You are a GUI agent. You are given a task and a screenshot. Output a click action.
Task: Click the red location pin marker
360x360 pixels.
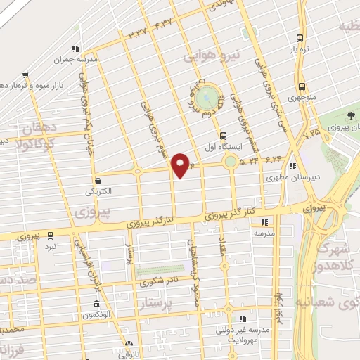[x=181, y=165]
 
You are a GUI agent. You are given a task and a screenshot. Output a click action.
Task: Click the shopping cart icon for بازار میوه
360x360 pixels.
[x=25, y=74]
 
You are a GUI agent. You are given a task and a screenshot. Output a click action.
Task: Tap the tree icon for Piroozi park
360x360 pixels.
[x=352, y=115]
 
